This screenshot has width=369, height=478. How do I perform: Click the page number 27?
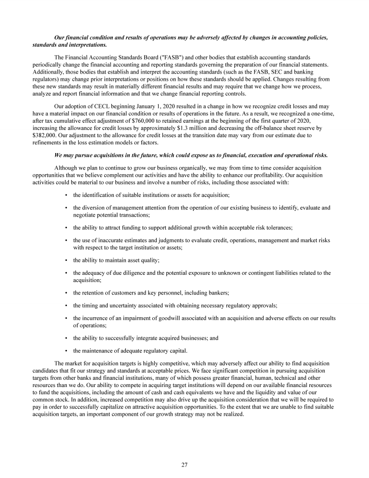[x=184, y=465]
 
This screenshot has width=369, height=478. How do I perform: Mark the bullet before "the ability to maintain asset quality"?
[x=65, y=260]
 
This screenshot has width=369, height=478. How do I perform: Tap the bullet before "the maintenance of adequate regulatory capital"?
[x=65, y=350]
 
